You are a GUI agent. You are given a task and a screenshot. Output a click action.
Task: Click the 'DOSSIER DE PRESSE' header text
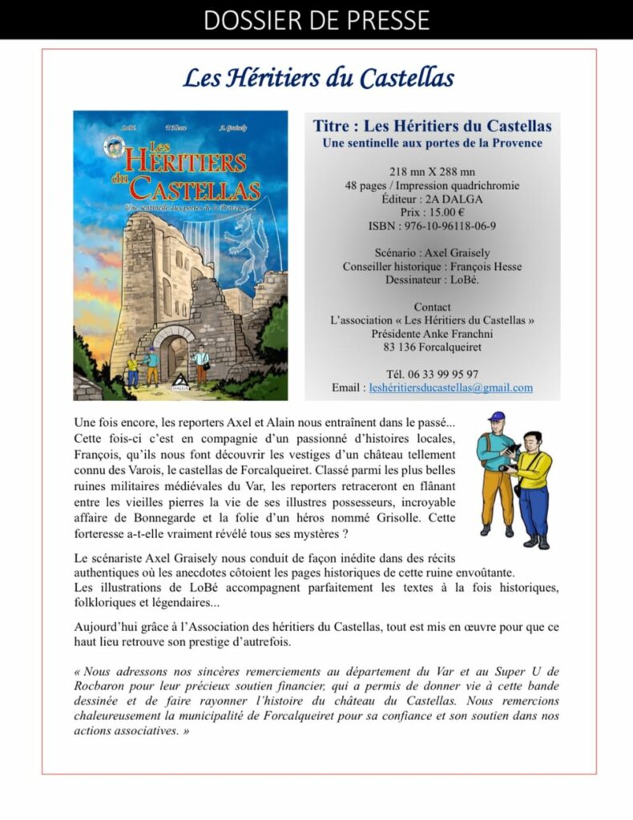(x=316, y=19)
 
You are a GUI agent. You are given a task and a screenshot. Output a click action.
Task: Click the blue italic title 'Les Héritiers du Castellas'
(x=318, y=78)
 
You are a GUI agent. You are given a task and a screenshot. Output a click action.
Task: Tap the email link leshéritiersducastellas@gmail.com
(x=450, y=388)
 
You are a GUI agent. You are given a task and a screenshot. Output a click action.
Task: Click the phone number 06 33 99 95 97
(x=444, y=374)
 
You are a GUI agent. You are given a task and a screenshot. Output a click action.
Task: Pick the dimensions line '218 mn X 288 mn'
(x=432, y=171)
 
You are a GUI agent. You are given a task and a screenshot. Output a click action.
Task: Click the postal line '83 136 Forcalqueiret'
(x=432, y=347)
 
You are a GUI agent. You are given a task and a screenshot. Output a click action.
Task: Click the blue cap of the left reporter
(x=497, y=417)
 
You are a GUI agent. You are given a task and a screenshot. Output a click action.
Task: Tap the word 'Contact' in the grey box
(x=432, y=307)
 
